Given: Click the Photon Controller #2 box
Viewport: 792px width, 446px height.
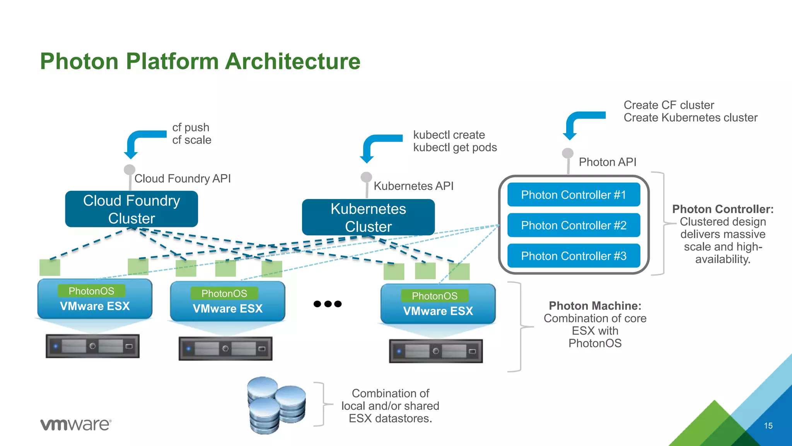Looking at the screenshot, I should point(574,225).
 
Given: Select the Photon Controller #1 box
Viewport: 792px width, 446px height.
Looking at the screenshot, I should point(574,195).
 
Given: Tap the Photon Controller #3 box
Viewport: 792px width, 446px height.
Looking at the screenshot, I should point(574,256).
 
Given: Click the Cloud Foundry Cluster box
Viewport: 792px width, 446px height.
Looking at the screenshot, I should point(131,209).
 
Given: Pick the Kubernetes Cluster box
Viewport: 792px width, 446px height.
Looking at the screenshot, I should point(368,217).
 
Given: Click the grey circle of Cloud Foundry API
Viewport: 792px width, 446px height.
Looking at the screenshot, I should point(129,170).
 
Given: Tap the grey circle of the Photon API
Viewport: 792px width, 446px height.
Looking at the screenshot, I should point(567,153).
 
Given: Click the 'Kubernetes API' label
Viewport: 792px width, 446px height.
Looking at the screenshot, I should point(413,186).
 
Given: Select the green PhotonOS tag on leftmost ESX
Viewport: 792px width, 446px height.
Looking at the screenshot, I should point(91,291).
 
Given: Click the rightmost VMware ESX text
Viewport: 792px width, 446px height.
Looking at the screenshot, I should point(438,311).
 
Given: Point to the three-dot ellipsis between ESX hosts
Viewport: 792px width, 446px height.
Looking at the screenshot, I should point(328,304).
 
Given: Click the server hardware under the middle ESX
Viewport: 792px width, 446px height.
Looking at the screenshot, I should point(225,348).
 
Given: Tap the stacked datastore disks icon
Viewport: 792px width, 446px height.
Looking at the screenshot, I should point(276,405).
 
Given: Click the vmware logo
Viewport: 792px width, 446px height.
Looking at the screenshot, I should point(76,424).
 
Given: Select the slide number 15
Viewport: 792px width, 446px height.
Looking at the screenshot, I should point(768,426).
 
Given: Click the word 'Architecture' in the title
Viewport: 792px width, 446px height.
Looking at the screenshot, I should point(293,62).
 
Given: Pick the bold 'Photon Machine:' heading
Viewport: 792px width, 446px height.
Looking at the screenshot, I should point(595,306).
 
